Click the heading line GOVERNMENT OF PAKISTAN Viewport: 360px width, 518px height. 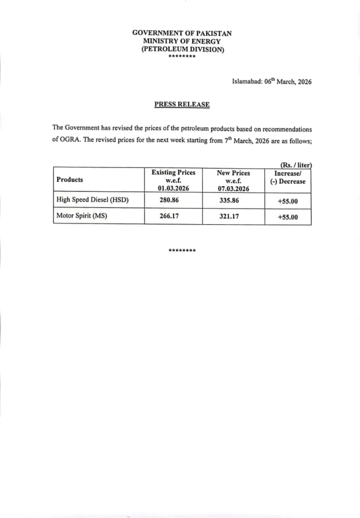pyautogui.click(x=182, y=32)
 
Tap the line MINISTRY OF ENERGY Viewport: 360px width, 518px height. pyautogui.click(x=182, y=41)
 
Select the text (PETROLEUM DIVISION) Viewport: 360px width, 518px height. pyautogui.click(x=182, y=49)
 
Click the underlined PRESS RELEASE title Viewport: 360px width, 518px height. pyautogui.click(x=182, y=105)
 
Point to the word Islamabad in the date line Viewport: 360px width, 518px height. pyautogui.click(x=247, y=81)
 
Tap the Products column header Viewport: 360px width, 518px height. pyautogui.click(x=70, y=180)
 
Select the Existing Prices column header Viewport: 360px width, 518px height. pyautogui.click(x=173, y=180)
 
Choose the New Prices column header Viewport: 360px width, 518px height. pyautogui.click(x=233, y=180)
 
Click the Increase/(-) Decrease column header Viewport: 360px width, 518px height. pyautogui.click(x=288, y=177)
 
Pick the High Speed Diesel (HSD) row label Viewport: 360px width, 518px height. pyautogui.click(x=93, y=200)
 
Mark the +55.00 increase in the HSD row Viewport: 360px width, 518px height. pyautogui.click(x=288, y=201)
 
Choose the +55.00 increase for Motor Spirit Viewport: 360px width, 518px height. pyautogui.click(x=288, y=218)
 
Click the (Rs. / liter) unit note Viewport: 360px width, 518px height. pyautogui.click(x=296, y=164)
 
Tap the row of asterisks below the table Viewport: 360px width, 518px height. pyautogui.click(x=182, y=250)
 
